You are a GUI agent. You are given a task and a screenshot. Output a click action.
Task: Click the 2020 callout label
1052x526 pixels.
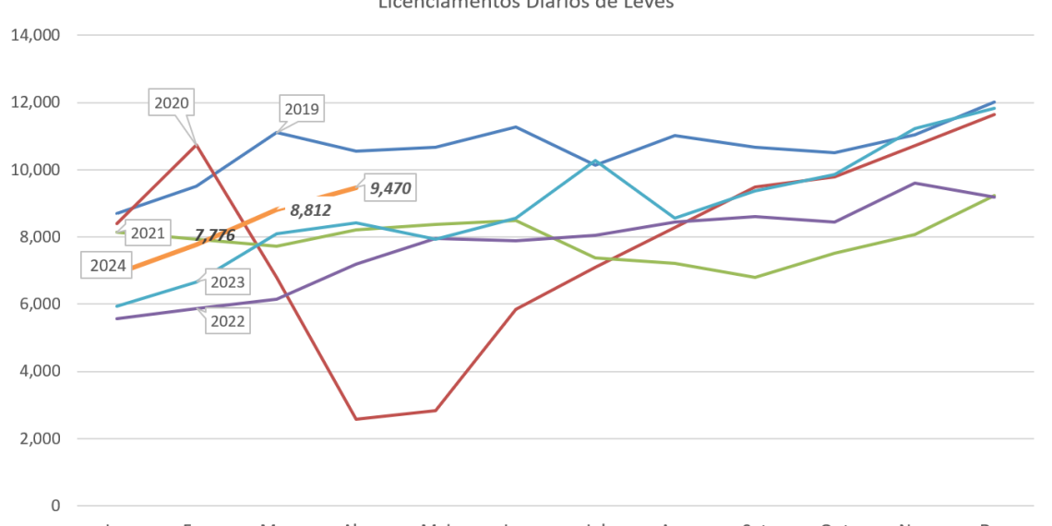click(171, 103)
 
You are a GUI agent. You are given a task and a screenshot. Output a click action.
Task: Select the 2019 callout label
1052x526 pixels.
click(301, 110)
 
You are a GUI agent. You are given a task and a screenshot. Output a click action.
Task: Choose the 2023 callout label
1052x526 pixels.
click(227, 282)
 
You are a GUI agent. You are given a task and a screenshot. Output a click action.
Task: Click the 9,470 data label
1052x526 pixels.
click(389, 189)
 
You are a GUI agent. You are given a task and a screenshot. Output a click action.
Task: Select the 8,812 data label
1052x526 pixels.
click(310, 210)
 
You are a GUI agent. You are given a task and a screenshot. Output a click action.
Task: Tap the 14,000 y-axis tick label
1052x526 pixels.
click(34, 35)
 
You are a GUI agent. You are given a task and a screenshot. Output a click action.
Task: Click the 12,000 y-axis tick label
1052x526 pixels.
click(34, 102)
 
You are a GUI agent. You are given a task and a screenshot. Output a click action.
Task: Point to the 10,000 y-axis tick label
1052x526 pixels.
click(34, 170)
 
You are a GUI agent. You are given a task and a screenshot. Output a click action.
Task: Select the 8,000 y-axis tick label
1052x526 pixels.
click(38, 237)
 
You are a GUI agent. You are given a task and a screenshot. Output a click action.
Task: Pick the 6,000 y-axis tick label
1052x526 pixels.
click(38, 304)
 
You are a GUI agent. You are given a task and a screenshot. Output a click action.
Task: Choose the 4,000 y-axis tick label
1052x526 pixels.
click(38, 371)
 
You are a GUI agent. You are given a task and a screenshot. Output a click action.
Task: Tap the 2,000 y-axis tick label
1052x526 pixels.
click(38, 438)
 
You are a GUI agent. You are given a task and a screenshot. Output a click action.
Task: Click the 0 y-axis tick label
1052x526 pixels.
click(56, 506)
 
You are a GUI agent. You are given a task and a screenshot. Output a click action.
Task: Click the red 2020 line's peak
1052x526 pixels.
click(196, 144)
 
